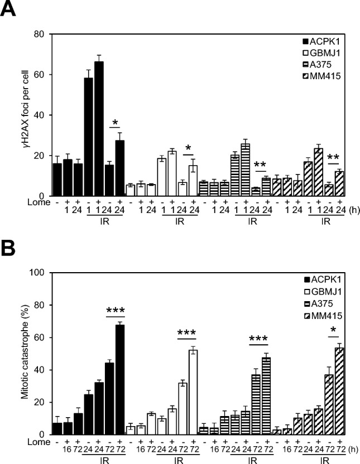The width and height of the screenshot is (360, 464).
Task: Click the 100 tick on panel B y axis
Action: point(38,273)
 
